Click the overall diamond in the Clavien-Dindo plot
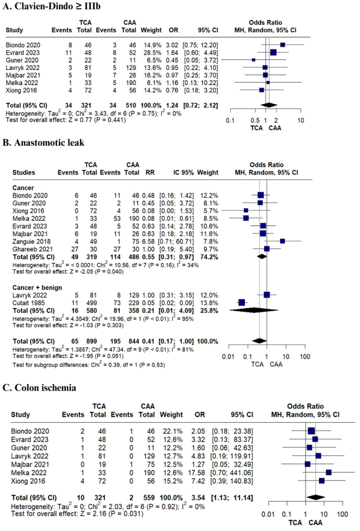[269, 105]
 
